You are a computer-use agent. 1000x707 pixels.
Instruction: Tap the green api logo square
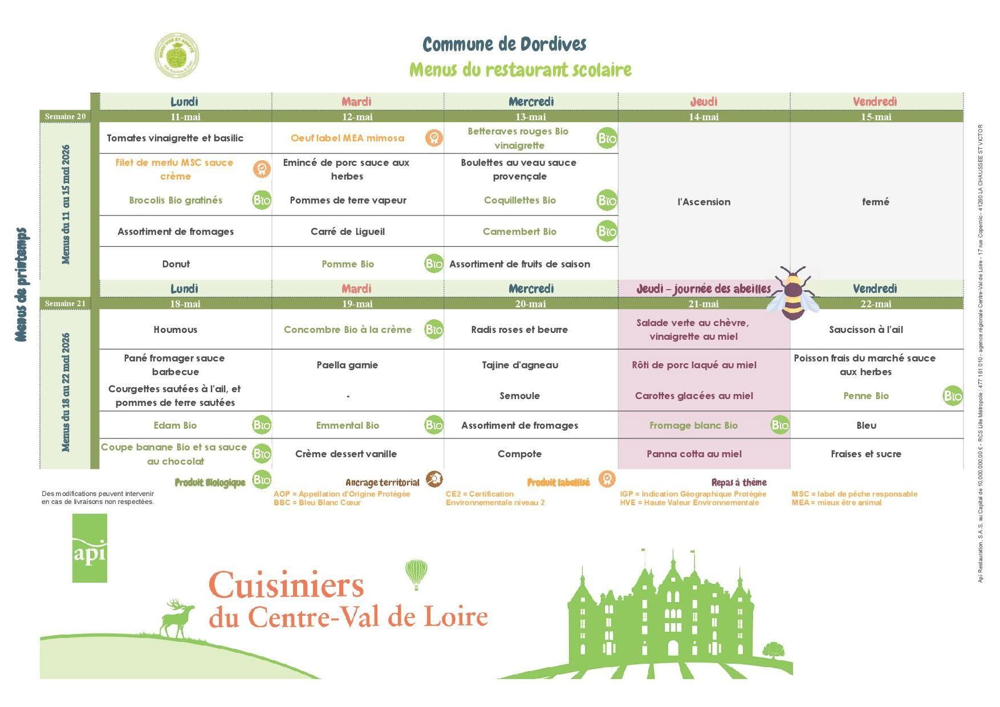coord(90,548)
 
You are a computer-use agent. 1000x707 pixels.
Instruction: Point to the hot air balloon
coord(416,573)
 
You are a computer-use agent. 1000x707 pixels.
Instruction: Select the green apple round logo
coord(177,55)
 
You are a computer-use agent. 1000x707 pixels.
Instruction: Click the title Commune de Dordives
coord(504,44)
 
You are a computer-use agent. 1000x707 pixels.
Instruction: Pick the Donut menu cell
coord(176,264)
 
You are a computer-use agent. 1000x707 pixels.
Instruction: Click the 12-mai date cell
coord(357,117)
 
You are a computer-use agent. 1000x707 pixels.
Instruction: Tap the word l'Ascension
coord(704,202)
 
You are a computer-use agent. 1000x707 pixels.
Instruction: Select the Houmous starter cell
coord(176,330)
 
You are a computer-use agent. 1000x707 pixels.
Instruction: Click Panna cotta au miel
coord(694,454)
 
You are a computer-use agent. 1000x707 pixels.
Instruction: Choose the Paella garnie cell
coord(347,365)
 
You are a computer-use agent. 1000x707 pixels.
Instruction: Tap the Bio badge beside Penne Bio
coord(952,396)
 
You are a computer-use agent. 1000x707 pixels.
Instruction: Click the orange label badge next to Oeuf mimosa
coord(433,138)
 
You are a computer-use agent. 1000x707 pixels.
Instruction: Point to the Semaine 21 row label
coord(65,303)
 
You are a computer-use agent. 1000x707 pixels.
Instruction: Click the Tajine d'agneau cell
coord(519,365)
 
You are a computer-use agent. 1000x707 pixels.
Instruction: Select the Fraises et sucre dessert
coord(865,454)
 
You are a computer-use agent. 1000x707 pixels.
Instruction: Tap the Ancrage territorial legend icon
coord(434,479)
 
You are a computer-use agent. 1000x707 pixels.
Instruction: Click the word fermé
coord(875,202)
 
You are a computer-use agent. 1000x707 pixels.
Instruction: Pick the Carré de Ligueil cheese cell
coord(347,231)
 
